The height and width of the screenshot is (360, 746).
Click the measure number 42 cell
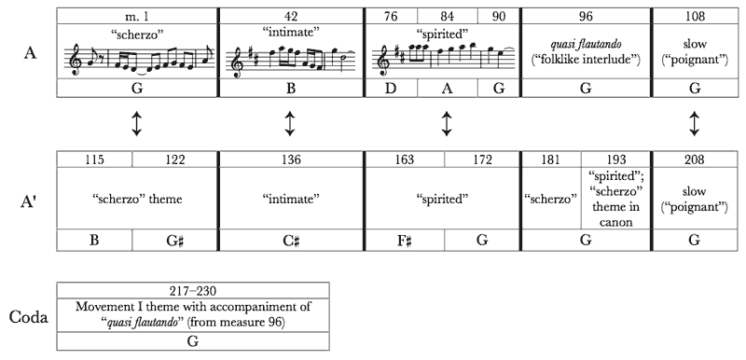click(x=292, y=16)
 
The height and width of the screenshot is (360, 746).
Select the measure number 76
click(x=391, y=16)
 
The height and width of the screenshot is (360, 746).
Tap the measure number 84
click(x=448, y=16)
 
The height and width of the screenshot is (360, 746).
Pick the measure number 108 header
click(x=694, y=16)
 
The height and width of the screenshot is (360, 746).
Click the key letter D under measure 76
click(x=391, y=89)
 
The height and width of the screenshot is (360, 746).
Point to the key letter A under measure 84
click(x=448, y=89)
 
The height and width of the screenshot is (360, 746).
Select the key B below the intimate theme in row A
click(x=291, y=89)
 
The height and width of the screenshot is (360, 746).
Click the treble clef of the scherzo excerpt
click(x=76, y=60)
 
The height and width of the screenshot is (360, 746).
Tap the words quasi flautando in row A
click(x=587, y=44)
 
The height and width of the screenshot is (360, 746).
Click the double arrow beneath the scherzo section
click(x=136, y=124)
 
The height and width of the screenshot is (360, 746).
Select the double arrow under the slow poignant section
click(x=694, y=124)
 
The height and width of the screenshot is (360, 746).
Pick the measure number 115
click(x=94, y=159)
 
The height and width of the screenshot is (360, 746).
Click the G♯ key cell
click(x=174, y=241)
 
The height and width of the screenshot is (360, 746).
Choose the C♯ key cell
click(x=291, y=241)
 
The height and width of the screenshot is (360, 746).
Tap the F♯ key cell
click(x=404, y=241)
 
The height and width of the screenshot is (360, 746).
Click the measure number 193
click(x=615, y=159)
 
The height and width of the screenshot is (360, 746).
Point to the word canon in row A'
click(x=615, y=222)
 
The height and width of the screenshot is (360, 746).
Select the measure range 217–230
click(x=193, y=291)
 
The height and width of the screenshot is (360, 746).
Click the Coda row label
click(x=29, y=317)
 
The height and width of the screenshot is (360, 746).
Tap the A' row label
click(x=30, y=199)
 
